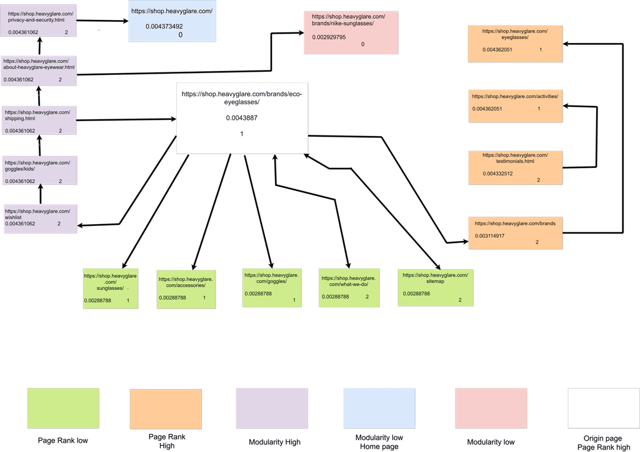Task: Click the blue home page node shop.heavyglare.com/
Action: point(172,21)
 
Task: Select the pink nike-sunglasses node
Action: point(351,32)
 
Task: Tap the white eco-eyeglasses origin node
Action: point(242,118)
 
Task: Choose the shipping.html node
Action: point(39,120)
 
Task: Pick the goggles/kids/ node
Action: point(39,170)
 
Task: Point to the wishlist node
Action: point(41,219)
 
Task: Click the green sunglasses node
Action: point(111,288)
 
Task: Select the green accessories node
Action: point(186,290)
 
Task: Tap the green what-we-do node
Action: point(349,288)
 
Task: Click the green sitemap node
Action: point(436,288)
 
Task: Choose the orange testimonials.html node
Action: point(515,168)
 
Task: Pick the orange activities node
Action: point(515,106)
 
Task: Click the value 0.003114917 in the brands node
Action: point(489,235)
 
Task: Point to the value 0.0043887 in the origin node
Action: point(242,118)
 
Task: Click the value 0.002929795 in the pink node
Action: point(329,37)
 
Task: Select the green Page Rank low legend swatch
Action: point(63,408)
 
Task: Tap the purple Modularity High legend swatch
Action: point(272,408)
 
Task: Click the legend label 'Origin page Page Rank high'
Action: point(603,443)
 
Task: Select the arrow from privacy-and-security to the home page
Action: point(102,21)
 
